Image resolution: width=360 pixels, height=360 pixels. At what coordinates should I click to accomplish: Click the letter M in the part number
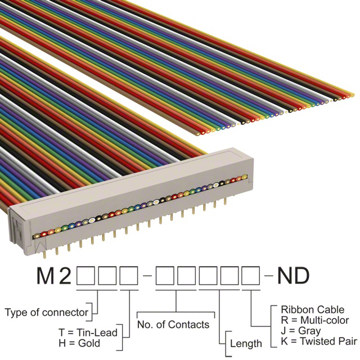(46, 275)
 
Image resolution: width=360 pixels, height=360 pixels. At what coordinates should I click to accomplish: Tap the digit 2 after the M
(65, 275)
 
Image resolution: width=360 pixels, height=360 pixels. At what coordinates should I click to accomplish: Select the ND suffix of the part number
(294, 275)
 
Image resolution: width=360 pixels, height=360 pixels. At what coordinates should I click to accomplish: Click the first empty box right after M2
(85, 276)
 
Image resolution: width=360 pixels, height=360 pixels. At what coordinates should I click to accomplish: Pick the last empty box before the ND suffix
(251, 276)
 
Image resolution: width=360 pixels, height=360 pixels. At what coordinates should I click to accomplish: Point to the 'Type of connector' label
(46, 312)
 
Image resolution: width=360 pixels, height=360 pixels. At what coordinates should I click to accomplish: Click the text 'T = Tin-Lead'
(88, 332)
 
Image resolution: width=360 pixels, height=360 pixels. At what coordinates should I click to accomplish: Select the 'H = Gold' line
(79, 343)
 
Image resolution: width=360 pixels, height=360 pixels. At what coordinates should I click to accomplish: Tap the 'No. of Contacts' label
(173, 325)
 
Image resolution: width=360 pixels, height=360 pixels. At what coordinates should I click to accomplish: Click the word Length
(246, 344)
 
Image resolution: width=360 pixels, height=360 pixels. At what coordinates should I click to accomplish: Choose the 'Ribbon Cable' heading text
(313, 310)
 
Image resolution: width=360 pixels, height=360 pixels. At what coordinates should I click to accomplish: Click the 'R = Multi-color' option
(315, 320)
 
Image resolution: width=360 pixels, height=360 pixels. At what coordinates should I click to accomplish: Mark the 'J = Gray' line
(301, 331)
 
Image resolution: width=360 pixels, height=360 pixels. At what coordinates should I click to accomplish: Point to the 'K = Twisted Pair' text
(319, 341)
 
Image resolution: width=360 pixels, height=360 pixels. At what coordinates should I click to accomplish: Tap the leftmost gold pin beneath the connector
(45, 254)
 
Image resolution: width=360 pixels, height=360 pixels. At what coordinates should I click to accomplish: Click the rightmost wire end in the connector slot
(244, 177)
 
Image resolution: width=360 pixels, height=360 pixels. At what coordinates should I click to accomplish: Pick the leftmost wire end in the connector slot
(37, 236)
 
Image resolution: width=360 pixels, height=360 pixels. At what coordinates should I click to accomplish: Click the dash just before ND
(269, 275)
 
